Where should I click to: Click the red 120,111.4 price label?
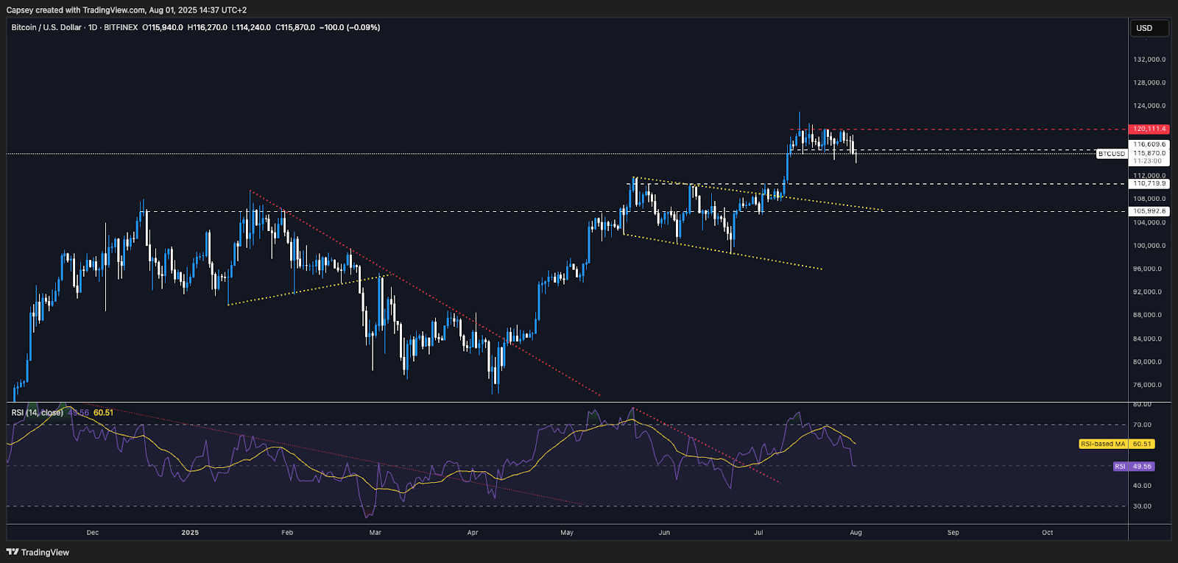pyautogui.click(x=1149, y=130)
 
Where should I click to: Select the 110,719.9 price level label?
pyautogui.click(x=1149, y=184)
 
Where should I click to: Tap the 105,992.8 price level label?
pyautogui.click(x=1149, y=211)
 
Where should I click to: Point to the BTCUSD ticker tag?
pyautogui.click(x=1112, y=154)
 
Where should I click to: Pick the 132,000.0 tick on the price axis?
pyautogui.click(x=1149, y=60)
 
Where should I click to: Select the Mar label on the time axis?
pyautogui.click(x=375, y=533)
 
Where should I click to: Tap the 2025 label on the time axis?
pyautogui.click(x=190, y=533)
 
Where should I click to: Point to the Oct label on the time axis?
pyautogui.click(x=1048, y=533)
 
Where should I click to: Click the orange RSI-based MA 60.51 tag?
pyautogui.click(x=1117, y=444)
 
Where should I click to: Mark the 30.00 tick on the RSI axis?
pyautogui.click(x=1142, y=506)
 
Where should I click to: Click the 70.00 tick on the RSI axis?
pyautogui.click(x=1142, y=425)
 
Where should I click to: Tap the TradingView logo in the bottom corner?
pyautogui.click(x=38, y=553)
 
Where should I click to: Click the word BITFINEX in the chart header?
pyautogui.click(x=121, y=28)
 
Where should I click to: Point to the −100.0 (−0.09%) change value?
pyautogui.click(x=350, y=28)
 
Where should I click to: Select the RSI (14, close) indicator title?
pyautogui.click(x=37, y=413)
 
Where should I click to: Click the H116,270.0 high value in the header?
pyautogui.click(x=207, y=28)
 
